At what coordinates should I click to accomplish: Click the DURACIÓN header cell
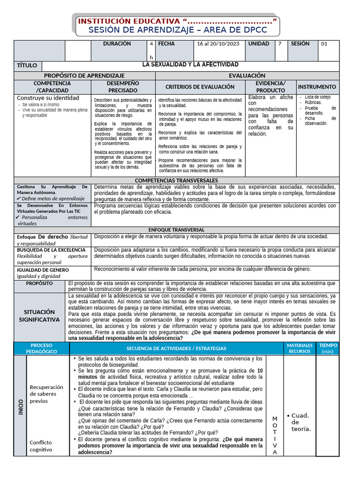[117, 44]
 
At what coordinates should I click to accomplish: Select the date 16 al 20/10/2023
[218, 44]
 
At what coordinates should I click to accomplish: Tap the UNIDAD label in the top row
[258, 44]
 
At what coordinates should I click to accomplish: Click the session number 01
[324, 44]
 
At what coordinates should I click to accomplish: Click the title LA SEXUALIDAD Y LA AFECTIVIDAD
[190, 65]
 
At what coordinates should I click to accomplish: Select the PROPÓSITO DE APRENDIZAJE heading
[84, 75]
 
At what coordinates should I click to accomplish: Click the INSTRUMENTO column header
[317, 87]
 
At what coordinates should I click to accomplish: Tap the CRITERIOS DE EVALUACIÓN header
[200, 87]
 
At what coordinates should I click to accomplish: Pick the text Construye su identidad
[48, 98]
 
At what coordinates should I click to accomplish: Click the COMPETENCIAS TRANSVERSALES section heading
[176, 180]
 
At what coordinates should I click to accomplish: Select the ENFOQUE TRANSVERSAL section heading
[176, 230]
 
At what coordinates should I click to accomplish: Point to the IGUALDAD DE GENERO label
[43, 270]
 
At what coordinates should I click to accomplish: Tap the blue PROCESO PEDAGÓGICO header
[41, 348]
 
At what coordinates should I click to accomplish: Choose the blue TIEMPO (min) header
[328, 348]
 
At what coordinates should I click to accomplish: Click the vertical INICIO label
[20, 406]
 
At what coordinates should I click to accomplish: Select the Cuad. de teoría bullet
[300, 422]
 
